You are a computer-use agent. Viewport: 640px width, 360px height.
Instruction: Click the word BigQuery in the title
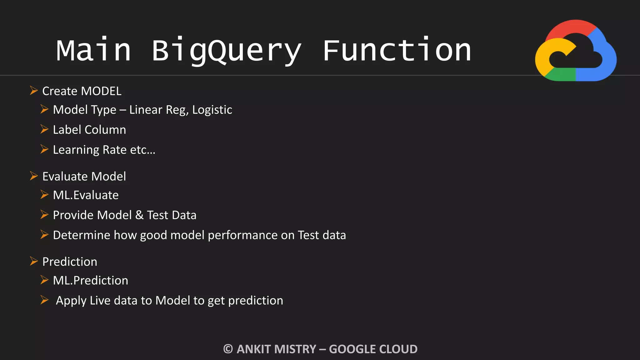tap(227, 51)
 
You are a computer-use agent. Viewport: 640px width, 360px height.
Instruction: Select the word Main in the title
tap(93, 51)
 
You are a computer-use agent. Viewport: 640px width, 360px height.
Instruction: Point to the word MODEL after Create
tap(101, 91)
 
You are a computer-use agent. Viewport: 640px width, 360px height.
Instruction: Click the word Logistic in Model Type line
tap(212, 110)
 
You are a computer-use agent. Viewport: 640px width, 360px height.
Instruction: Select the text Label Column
tap(89, 130)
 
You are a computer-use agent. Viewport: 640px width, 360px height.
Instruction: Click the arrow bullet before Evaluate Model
tap(34, 176)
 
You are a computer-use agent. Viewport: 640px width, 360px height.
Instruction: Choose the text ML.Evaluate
tap(86, 195)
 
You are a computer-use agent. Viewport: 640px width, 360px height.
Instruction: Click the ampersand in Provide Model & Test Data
tap(139, 215)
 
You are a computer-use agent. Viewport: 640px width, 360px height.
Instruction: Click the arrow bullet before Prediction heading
tap(34, 261)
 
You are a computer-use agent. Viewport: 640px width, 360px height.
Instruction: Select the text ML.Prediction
tap(90, 281)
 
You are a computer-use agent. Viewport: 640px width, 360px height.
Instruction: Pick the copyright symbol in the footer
tap(228, 349)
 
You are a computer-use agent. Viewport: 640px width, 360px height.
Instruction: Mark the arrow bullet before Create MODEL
tap(34, 91)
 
